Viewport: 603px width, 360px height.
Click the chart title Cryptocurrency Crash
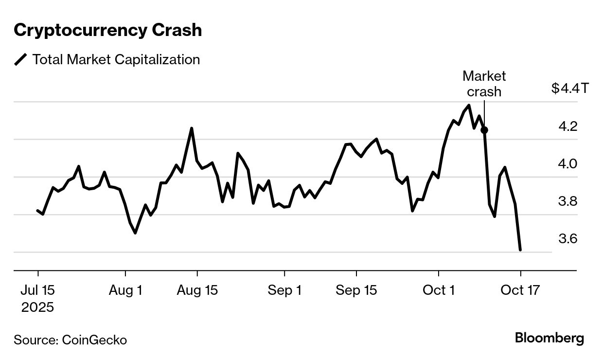tap(107, 30)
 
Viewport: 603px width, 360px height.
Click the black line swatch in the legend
tap(20, 60)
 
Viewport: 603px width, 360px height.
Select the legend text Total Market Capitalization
tap(116, 60)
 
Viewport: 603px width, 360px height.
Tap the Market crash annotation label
tap(484, 84)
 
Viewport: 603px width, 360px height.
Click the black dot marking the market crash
tap(484, 130)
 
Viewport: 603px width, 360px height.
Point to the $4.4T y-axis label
tap(570, 89)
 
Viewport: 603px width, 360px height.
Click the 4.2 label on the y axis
tap(568, 126)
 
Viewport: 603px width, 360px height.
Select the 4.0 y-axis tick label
tap(568, 164)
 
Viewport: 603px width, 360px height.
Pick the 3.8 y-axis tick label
tap(568, 201)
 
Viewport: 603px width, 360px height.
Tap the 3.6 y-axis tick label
tap(568, 239)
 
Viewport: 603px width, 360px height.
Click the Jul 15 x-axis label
tap(37, 290)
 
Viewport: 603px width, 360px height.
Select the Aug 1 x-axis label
tap(125, 290)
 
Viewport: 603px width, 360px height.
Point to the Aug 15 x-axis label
tap(197, 290)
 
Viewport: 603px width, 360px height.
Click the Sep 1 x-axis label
tap(284, 290)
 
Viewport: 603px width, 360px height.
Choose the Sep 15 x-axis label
tap(356, 290)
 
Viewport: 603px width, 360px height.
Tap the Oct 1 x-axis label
tap(438, 290)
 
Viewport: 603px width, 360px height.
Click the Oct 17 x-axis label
tap(520, 290)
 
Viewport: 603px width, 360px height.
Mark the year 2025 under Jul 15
tap(37, 307)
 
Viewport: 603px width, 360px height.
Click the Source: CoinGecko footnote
tap(70, 340)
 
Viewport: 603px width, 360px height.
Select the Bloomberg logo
tap(550, 338)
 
